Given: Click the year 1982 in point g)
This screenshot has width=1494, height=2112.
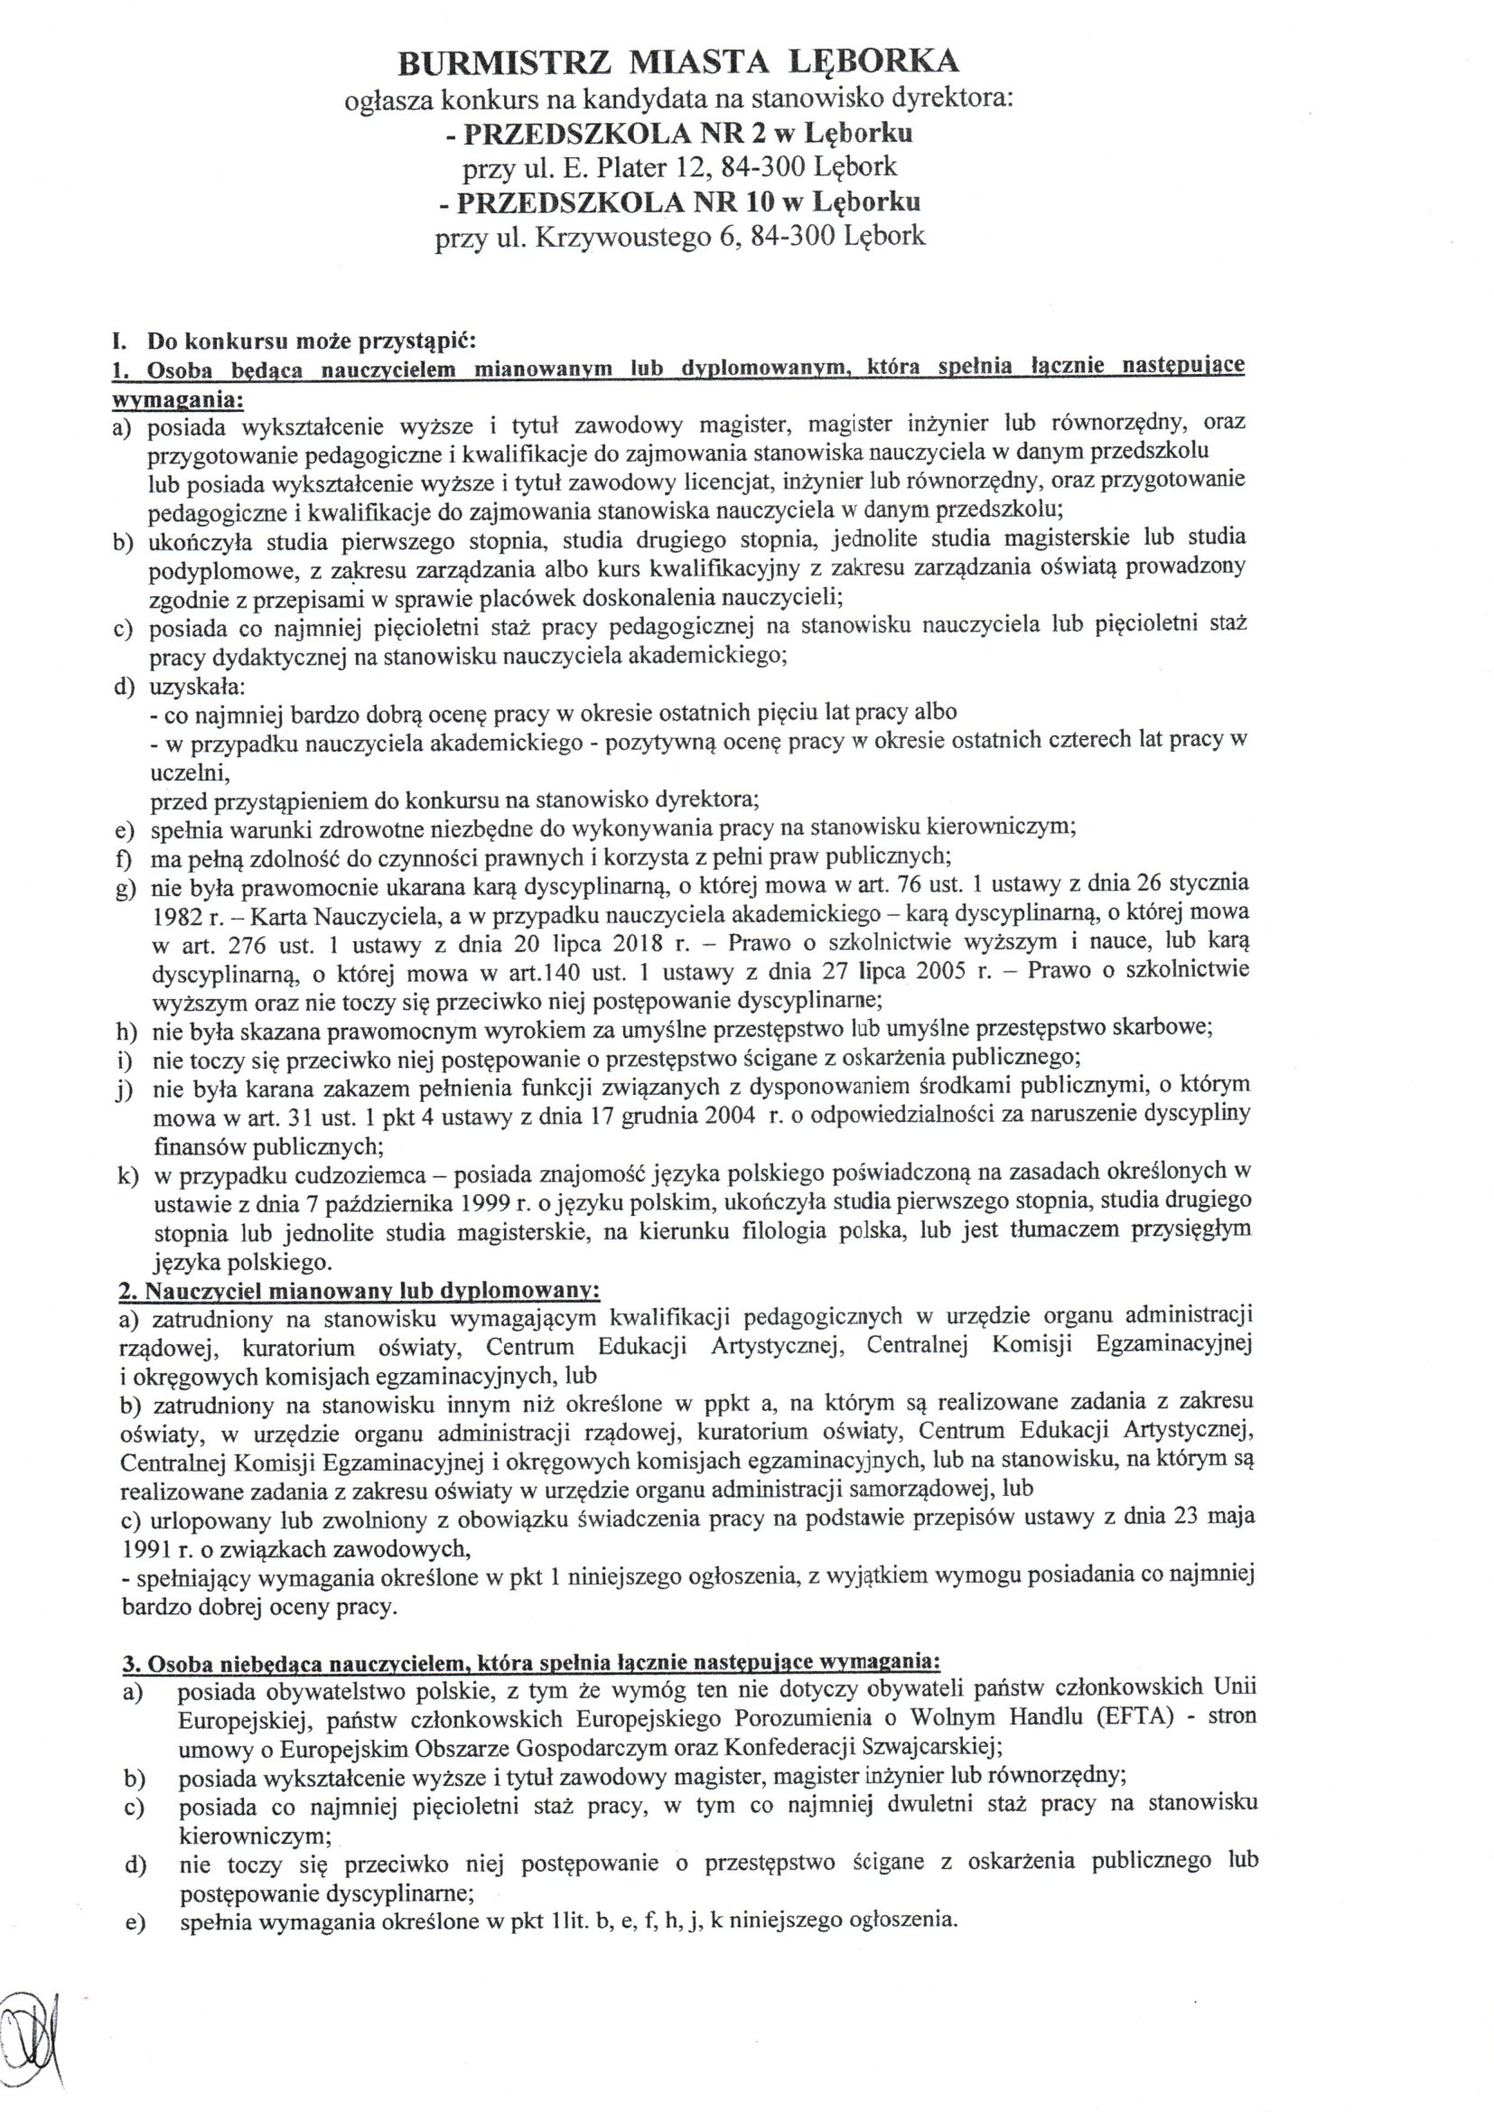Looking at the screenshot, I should (x=176, y=914).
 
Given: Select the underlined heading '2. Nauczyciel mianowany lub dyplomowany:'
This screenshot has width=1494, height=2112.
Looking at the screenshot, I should (x=359, y=1290).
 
